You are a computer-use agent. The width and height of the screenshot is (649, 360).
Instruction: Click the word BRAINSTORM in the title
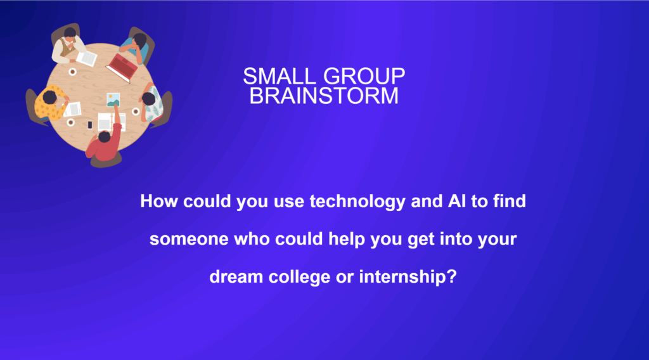point(324,96)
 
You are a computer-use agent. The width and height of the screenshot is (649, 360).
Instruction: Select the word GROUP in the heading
point(364,77)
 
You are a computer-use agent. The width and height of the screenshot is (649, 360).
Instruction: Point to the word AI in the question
point(456,201)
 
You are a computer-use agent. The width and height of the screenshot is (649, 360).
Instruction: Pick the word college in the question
point(299,277)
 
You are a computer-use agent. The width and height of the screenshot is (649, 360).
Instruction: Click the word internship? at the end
point(408,277)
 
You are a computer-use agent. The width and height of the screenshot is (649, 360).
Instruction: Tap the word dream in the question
point(236,277)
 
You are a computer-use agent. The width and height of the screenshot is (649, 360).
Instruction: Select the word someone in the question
point(189,240)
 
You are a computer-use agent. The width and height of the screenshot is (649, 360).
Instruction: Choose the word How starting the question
point(159,201)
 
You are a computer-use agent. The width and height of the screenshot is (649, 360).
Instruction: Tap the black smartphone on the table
point(90,125)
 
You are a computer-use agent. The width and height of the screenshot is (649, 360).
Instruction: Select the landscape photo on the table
point(113,100)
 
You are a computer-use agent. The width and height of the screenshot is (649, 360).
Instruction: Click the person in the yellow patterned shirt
point(49,103)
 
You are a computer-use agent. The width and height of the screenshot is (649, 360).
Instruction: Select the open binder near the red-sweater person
point(111,122)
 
